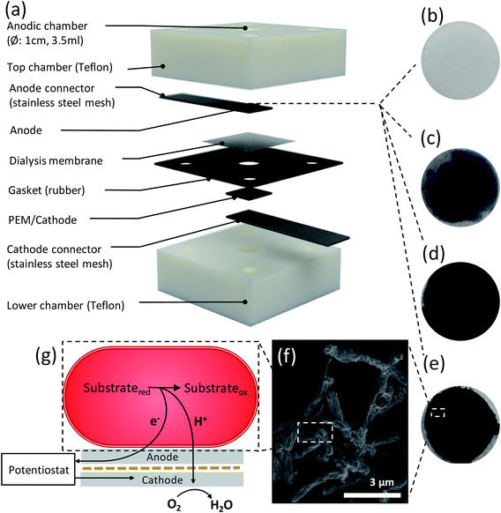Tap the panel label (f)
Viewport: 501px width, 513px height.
[x=284, y=357]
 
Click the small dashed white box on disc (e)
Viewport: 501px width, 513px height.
[x=438, y=412]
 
